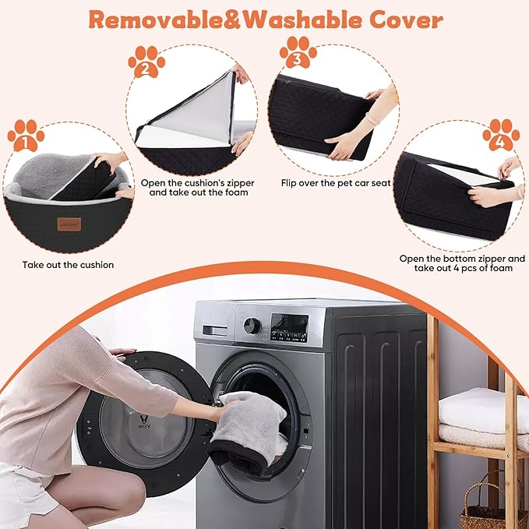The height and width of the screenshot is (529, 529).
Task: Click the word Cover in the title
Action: (x=406, y=20)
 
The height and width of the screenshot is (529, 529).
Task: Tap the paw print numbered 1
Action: (x=26, y=136)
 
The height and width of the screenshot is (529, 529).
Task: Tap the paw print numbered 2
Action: (x=146, y=62)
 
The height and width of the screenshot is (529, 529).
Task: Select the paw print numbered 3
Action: (x=298, y=52)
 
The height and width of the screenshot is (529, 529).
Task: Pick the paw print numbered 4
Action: (x=501, y=135)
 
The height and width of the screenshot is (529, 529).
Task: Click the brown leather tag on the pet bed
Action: (x=69, y=224)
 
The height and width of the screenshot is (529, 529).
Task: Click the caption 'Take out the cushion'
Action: (x=68, y=265)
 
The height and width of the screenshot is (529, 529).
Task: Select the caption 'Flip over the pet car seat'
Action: (x=336, y=183)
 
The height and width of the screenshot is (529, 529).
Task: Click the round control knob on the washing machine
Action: (x=252, y=326)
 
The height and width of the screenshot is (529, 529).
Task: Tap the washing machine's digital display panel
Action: (x=290, y=327)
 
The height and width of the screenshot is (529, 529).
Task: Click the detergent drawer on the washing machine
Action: (x=215, y=330)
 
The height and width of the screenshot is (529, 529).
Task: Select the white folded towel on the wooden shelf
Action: (x=484, y=410)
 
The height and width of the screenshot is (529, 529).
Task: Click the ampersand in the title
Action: (x=233, y=20)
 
